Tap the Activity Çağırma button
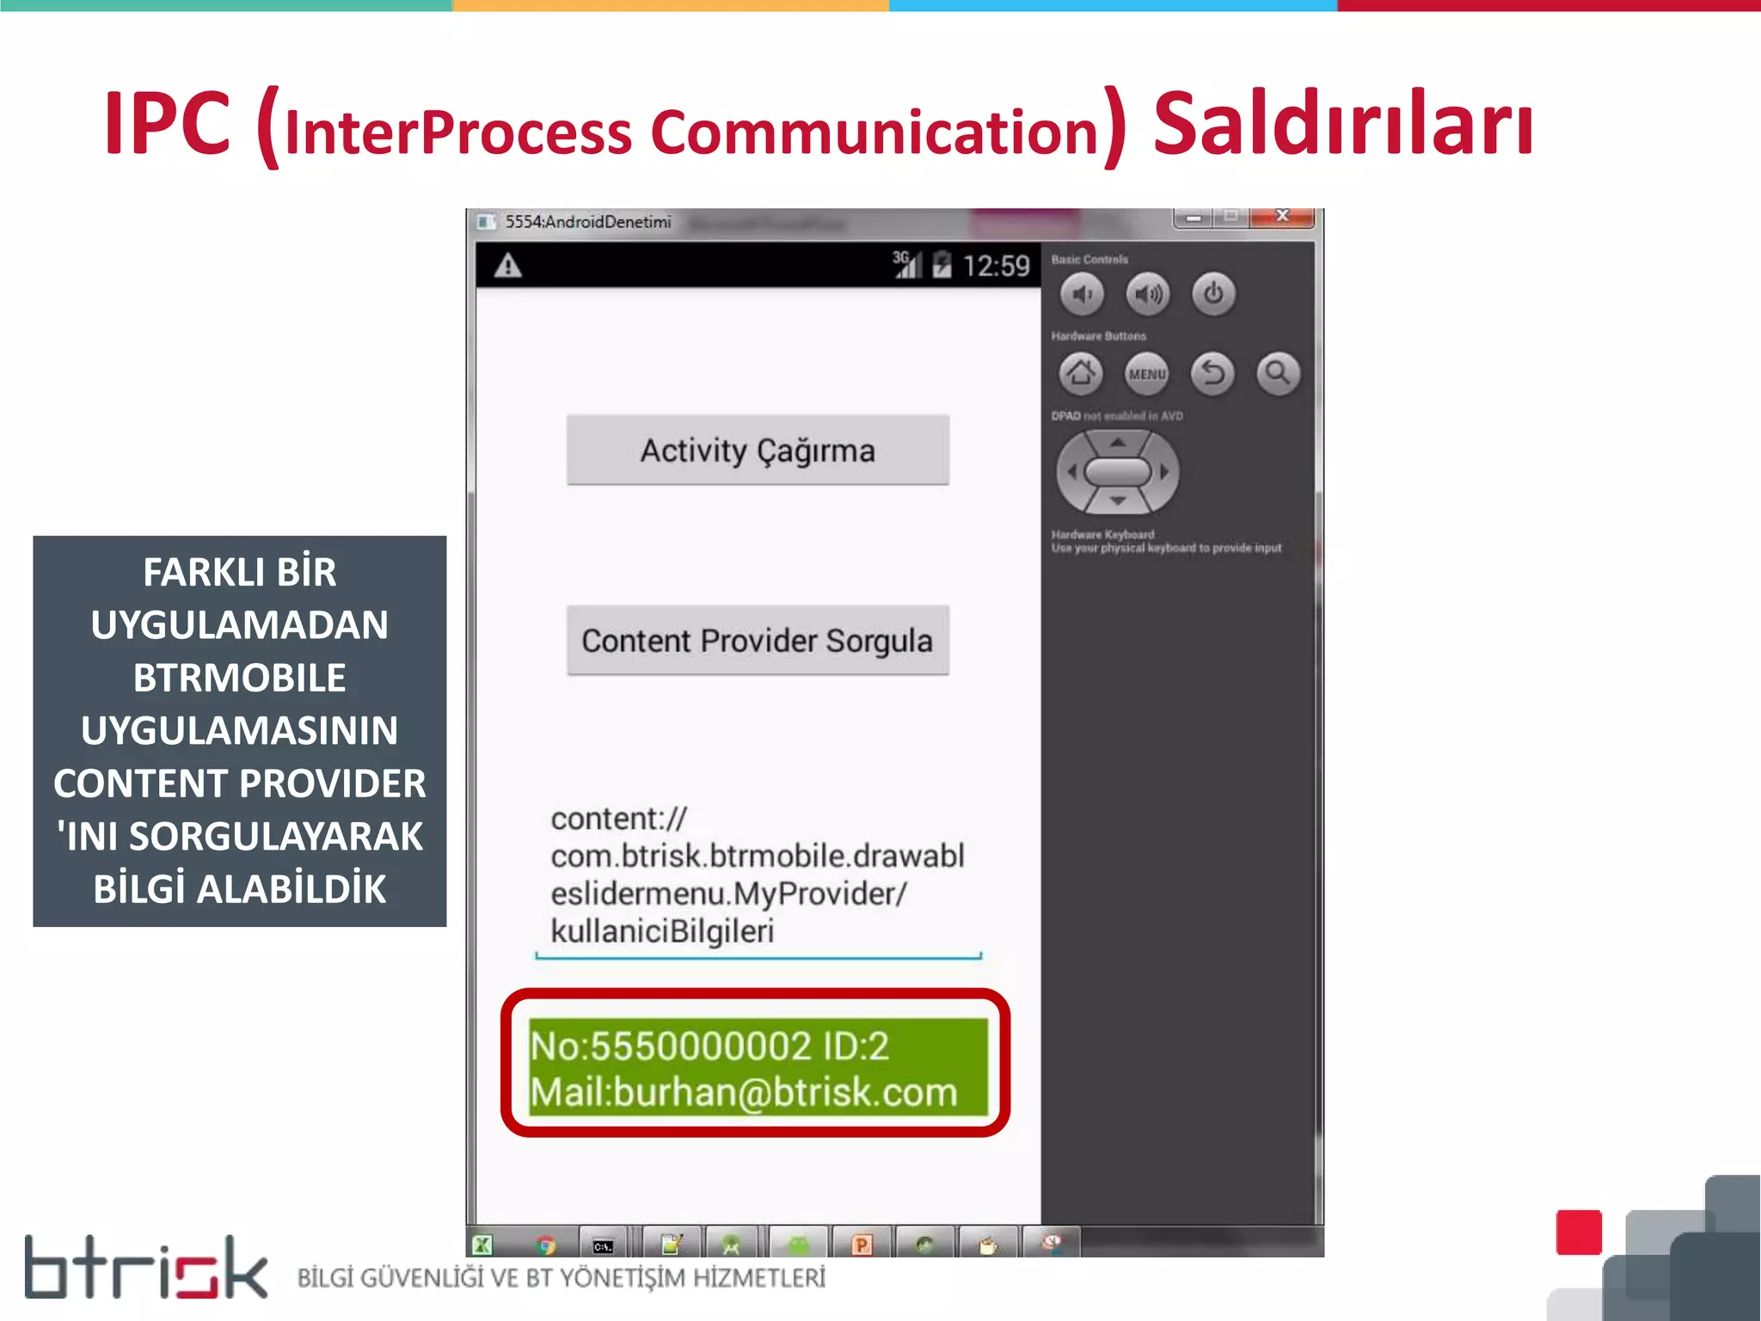[x=758, y=451]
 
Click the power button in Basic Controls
[x=1213, y=294]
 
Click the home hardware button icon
[x=1081, y=373]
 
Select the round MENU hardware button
[x=1147, y=373]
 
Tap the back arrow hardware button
[x=1212, y=373]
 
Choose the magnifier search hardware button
[x=1278, y=373]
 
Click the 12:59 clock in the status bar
[x=996, y=266]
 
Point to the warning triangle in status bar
[x=508, y=266]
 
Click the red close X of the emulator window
[x=1282, y=216]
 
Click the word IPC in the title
[x=168, y=125]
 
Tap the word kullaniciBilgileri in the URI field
[x=662, y=931]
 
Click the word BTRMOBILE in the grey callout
[x=239, y=678]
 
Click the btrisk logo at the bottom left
[x=145, y=1268]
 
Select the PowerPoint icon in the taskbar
[x=861, y=1244]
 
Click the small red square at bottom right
[x=1579, y=1232]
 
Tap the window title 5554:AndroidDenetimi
[x=587, y=222]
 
